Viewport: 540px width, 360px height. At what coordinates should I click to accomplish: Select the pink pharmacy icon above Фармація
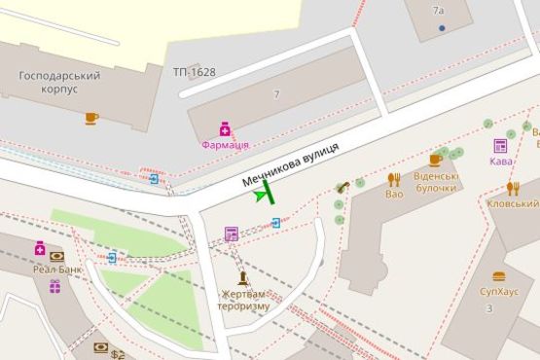tap(225, 128)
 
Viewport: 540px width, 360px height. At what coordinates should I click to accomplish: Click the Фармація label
tap(225, 144)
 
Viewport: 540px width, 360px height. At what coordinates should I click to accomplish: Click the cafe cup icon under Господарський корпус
tap(91, 119)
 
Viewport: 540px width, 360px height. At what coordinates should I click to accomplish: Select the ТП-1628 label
tap(195, 72)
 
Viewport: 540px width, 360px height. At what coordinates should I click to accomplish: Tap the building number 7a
tap(438, 11)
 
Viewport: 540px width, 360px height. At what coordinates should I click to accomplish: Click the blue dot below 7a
tap(442, 27)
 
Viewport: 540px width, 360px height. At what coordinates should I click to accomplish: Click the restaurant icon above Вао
tap(394, 179)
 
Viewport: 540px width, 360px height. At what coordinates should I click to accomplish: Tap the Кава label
tap(500, 162)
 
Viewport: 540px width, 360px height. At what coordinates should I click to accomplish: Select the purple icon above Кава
tap(500, 146)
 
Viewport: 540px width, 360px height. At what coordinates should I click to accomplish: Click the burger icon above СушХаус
tap(499, 276)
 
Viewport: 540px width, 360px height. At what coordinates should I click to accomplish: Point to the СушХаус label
tap(498, 292)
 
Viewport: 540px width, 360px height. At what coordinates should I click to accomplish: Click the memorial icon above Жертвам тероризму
tap(242, 277)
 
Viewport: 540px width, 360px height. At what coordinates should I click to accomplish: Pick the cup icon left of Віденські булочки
tap(435, 160)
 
